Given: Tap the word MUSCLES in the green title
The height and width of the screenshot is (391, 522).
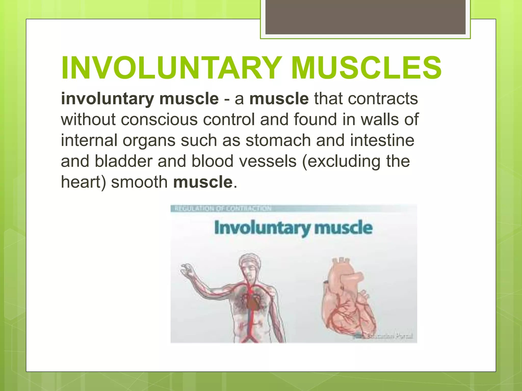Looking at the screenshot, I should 366,68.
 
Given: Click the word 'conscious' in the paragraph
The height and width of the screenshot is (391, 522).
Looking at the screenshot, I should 159,120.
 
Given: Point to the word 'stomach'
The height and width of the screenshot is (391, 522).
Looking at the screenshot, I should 278,141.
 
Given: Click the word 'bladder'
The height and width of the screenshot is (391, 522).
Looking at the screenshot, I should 123,161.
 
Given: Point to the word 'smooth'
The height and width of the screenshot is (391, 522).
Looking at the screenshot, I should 139,182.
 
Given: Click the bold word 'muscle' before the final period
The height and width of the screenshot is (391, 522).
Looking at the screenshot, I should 203,182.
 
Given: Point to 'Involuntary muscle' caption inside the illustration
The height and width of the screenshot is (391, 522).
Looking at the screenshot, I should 293,228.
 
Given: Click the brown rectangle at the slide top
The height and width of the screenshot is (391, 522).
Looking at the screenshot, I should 365,17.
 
